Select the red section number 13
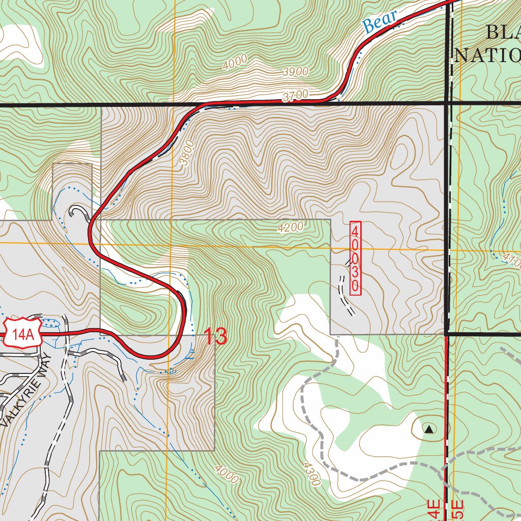coord(215,337)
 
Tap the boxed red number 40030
coord(356,258)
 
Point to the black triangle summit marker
coord(429,430)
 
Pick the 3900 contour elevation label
coord(295,72)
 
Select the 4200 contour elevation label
coord(291,227)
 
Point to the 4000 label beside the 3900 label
coord(235,62)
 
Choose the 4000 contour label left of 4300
coord(226,474)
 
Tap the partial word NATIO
coord(487,55)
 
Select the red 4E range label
coord(432,510)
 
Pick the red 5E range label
coord(457,510)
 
